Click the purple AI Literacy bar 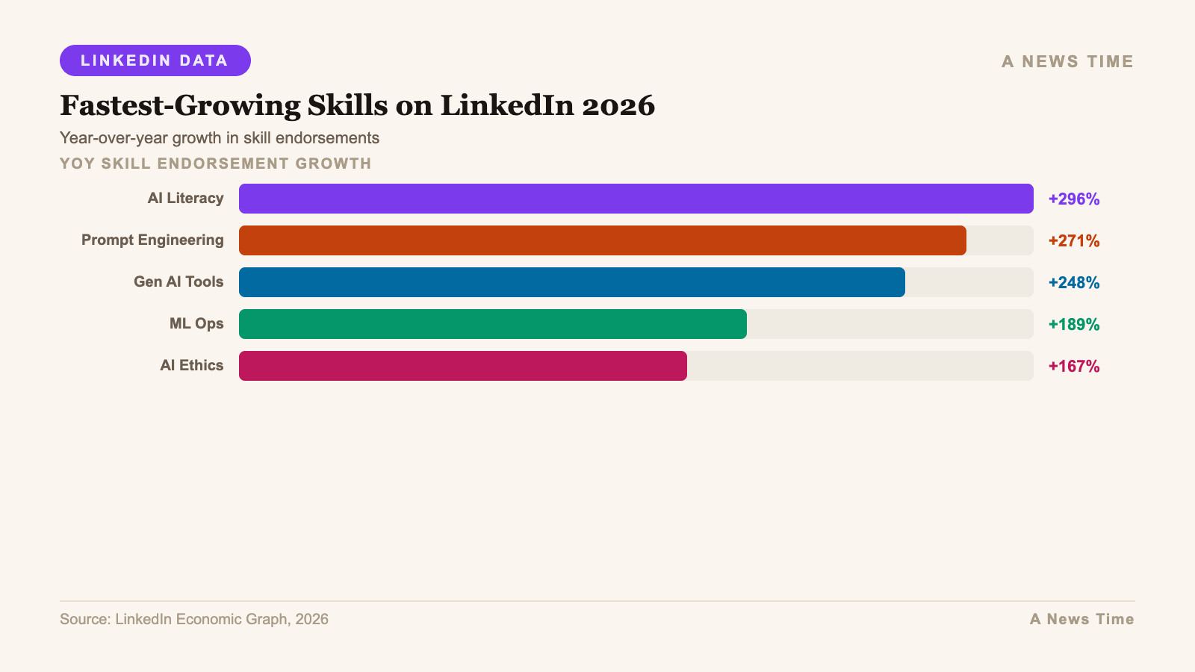635,199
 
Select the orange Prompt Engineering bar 602,240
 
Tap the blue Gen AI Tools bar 571,282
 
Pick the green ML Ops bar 493,324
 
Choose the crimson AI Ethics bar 463,366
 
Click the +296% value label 1073,199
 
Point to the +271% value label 1073,240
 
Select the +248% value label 1073,282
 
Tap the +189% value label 1073,324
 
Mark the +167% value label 1073,366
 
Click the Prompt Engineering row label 152,240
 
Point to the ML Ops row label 196,324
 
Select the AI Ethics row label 191,366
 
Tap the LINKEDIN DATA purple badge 155,60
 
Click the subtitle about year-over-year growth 220,138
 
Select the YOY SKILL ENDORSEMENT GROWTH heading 215,164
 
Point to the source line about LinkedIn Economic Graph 194,619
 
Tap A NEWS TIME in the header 1067,61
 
